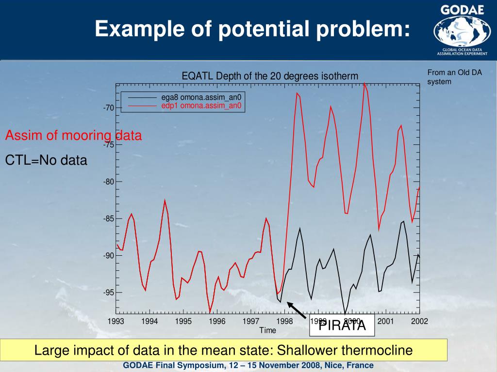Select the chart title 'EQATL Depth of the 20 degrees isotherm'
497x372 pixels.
point(270,76)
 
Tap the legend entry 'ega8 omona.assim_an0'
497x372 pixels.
point(201,97)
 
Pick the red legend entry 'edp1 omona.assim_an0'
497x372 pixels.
point(201,105)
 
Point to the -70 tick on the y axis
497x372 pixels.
point(108,108)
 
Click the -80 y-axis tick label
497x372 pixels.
point(108,182)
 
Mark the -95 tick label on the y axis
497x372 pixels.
point(108,293)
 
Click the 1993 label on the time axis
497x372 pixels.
point(116,321)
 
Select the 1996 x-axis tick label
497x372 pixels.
point(217,321)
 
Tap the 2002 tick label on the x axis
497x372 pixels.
point(419,321)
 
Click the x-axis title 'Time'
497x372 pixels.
point(267,330)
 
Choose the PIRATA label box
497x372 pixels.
point(342,325)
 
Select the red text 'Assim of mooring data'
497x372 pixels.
point(73,136)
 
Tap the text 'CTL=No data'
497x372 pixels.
point(46,160)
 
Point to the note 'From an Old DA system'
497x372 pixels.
point(454,77)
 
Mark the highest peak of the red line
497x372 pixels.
point(364,83)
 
